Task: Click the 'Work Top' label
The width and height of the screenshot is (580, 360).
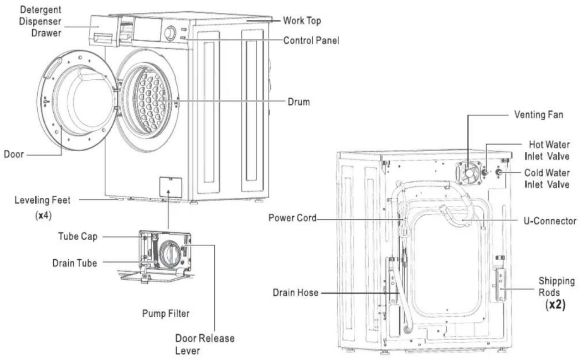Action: coord(302,21)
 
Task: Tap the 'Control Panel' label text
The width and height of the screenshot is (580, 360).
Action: coord(311,41)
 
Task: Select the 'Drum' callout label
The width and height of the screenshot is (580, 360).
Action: coord(299,102)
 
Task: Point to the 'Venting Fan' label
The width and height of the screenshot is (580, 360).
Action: coord(538,115)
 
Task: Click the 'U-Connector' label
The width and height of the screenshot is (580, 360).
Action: coord(550,221)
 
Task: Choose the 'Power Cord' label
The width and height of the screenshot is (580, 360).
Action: coord(292,218)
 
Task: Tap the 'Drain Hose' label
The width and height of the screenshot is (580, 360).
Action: coord(295,293)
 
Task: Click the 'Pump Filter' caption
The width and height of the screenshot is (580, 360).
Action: coord(166,314)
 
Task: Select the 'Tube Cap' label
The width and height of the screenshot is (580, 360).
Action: coord(78,236)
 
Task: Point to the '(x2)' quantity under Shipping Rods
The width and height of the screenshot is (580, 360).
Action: coord(555,305)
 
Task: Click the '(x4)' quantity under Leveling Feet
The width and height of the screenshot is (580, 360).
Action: coord(43,215)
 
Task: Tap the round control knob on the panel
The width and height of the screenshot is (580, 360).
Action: coord(170,33)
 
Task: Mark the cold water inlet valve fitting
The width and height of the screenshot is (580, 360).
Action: coord(498,172)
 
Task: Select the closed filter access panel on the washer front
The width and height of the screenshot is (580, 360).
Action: coord(170,187)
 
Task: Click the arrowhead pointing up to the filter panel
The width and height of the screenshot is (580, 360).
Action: coord(168,192)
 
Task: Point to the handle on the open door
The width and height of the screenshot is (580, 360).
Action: coord(52,68)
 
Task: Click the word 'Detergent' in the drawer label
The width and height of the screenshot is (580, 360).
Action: coord(40,10)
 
